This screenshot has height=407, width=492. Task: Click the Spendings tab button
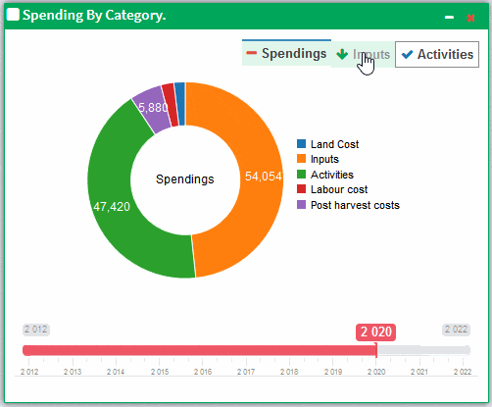coord(286,54)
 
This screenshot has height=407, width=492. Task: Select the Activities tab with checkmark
coord(437,55)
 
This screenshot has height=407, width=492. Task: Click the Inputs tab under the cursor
coord(364,55)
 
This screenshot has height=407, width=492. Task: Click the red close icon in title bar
coord(470,17)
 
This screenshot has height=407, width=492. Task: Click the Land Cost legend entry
coord(333,144)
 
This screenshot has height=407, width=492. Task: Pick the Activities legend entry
coord(330,175)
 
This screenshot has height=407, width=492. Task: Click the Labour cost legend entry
coord(338,189)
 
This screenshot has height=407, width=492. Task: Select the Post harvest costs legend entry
coord(354,205)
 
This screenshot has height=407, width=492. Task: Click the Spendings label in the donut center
coord(185,179)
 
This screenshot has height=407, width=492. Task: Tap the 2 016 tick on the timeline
coord(203,373)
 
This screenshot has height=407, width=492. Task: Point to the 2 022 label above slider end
coord(456,330)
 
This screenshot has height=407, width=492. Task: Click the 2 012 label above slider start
coord(36,330)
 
